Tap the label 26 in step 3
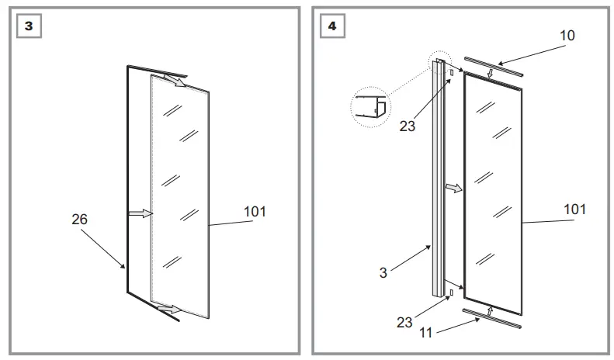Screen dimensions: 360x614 79,220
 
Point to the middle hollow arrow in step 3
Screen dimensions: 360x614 140,213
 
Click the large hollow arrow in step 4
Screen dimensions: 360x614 453,188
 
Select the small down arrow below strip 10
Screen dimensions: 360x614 488,74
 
